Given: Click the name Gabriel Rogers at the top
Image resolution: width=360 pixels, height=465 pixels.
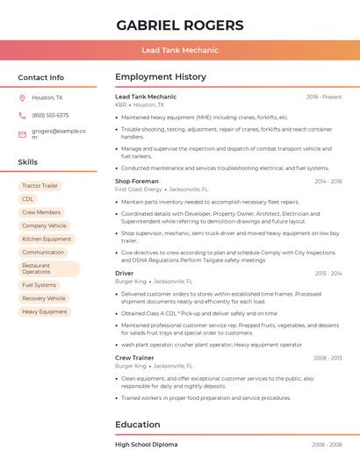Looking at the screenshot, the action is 180,24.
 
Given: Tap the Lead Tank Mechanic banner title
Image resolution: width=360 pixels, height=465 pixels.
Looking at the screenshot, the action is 180,51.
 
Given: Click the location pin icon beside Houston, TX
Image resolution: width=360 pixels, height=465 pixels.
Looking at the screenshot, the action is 22,98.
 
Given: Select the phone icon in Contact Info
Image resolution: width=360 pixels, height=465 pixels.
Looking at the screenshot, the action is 22,115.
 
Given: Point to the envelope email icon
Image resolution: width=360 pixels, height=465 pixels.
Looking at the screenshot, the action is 22,134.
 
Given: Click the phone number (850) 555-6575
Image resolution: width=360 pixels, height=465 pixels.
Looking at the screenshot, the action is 50,115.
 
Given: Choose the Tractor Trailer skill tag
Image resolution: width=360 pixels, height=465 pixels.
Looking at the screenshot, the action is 40,186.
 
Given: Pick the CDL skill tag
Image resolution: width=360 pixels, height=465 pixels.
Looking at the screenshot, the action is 28,199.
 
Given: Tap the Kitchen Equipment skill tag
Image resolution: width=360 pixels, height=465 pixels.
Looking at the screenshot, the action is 47,239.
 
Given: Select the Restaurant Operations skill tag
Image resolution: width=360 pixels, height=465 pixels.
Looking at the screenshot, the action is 48,268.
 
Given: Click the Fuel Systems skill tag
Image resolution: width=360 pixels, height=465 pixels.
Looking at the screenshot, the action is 39,285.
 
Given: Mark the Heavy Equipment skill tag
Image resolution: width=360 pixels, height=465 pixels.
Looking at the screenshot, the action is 44,311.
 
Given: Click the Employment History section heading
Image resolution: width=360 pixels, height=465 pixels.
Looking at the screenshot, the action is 161,77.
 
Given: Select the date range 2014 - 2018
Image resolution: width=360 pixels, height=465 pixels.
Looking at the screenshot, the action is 328,181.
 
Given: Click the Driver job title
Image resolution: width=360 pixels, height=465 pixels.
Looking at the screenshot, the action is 124,274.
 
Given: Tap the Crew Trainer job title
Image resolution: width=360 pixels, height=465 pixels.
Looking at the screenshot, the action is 134,358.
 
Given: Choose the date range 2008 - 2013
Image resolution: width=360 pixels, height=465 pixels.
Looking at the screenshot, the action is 328,358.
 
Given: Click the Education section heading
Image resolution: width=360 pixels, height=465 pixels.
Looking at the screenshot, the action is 138,425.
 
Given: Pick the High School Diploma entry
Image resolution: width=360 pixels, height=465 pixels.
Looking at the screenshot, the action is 146,445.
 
